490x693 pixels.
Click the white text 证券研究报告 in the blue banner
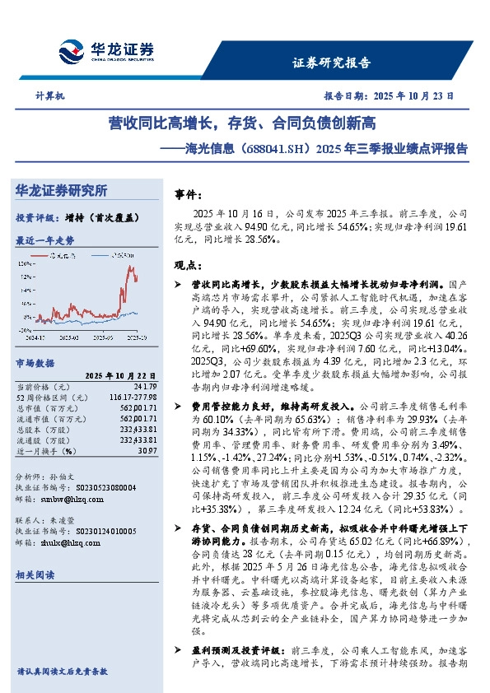tap(332, 63)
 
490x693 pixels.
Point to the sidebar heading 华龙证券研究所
tap(62, 191)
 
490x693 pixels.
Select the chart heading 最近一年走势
tap(45, 240)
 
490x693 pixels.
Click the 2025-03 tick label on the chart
tap(67, 337)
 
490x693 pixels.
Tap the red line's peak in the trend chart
tap(129, 267)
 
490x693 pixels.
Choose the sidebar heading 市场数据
tap(35, 362)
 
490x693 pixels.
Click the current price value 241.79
tap(144, 386)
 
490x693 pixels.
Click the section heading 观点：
tap(189, 266)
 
